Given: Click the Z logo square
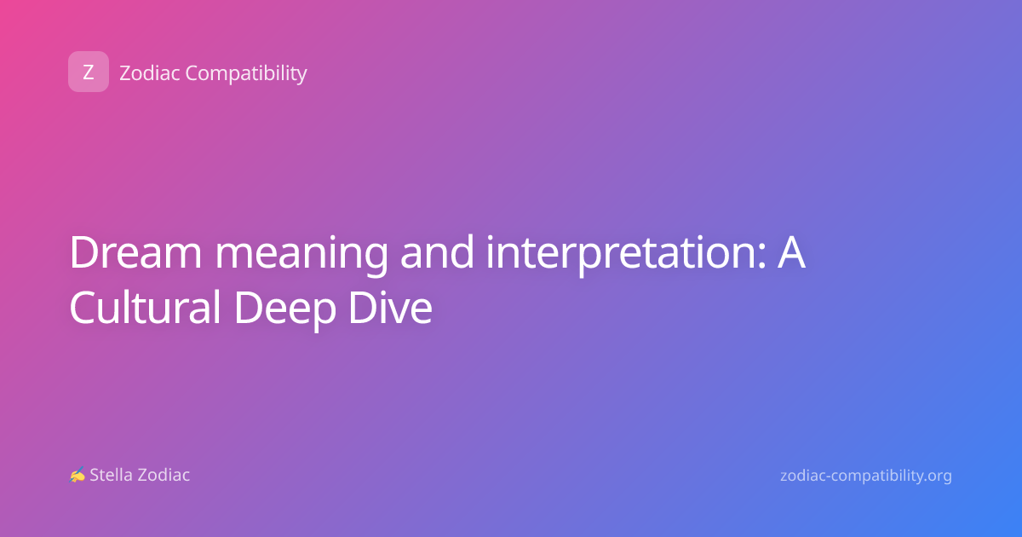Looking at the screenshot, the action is click(x=89, y=72).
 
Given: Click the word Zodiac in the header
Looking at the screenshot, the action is click(x=150, y=73).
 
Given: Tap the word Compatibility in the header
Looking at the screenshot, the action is click(x=246, y=74).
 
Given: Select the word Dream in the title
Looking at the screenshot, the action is click(x=135, y=252).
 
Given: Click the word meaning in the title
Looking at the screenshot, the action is click(x=301, y=255).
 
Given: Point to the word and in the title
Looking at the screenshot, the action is click(x=437, y=251).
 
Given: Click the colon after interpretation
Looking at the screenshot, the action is click(x=761, y=256).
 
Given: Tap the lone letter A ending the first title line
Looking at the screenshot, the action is click(x=791, y=252).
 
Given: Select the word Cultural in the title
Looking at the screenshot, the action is click(x=145, y=307).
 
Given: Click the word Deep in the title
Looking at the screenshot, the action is click(x=285, y=310).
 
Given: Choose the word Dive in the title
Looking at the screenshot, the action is click(x=390, y=307).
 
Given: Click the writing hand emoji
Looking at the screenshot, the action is click(x=78, y=475).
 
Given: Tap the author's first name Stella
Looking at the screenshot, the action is click(x=111, y=475).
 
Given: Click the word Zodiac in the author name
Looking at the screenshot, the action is click(x=163, y=475).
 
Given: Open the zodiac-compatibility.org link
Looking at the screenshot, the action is click(x=866, y=476).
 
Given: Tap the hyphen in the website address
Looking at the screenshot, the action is click(x=830, y=477).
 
